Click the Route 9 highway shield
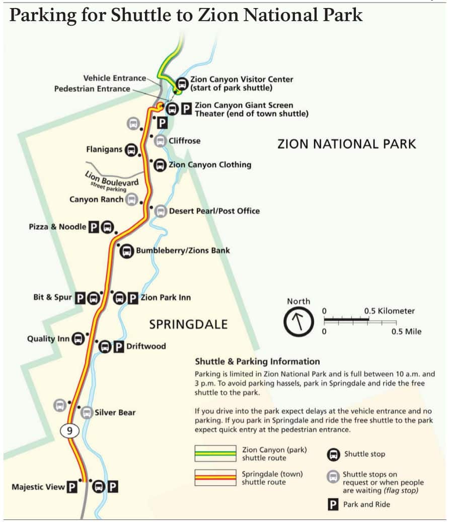[70, 430]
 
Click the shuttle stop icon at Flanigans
[132, 149]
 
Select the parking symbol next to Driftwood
[118, 346]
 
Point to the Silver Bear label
[115, 413]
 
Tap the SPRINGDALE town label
[188, 324]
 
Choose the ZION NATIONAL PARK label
[347, 144]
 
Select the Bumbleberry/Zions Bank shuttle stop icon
[126, 250]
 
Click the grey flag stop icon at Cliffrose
[160, 141]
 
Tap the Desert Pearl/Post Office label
[214, 211]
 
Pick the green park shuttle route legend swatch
[215, 453]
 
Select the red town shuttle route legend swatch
[215, 477]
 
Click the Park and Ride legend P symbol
[332, 504]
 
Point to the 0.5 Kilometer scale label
[389, 311]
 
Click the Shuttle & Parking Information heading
[257, 362]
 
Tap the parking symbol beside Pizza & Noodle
[93, 227]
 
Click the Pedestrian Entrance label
[92, 89]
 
